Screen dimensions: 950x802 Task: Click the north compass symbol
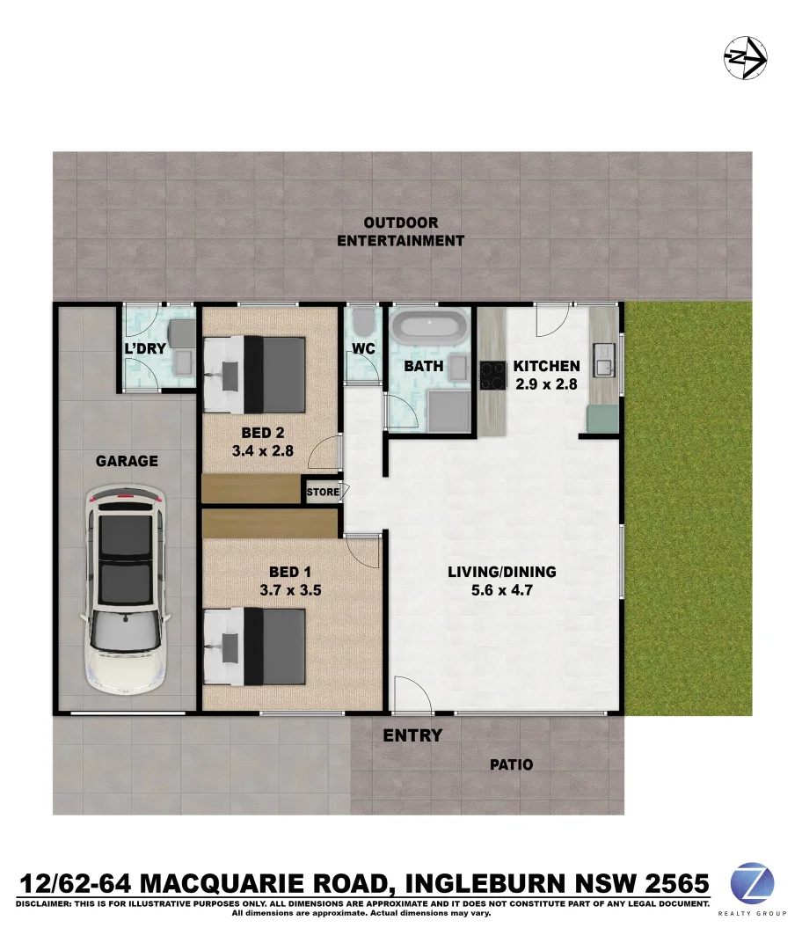(x=745, y=59)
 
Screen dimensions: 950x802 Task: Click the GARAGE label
(x=127, y=460)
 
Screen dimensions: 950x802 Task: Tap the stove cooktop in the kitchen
(x=492, y=376)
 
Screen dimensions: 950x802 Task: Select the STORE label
(x=322, y=492)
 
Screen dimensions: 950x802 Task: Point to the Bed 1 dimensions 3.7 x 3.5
(x=289, y=590)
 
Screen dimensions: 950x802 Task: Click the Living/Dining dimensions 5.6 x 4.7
(x=501, y=590)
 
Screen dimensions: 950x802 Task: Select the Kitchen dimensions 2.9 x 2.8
(x=546, y=384)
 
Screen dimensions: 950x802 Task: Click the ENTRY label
(x=412, y=735)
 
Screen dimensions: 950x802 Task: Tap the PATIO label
(x=511, y=764)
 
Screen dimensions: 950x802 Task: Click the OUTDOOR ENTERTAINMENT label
(x=401, y=231)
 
